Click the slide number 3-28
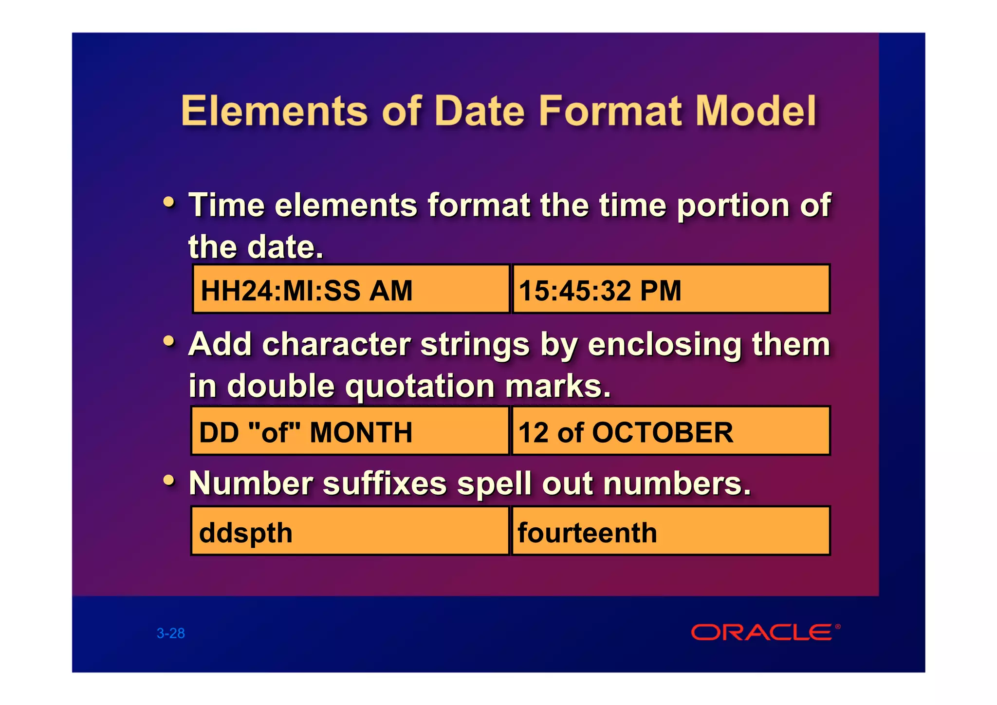tap(170, 633)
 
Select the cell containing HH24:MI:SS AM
tap(351, 289)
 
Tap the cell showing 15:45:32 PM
tap(671, 289)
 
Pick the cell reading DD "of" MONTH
tap(350, 431)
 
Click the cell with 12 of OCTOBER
tap(671, 431)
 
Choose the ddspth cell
tap(350, 531)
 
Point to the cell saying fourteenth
tap(671, 531)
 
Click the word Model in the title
tap(756, 111)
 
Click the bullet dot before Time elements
tap(168, 202)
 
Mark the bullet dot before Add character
tap(168, 341)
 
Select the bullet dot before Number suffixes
tap(168, 480)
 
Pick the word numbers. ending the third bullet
tap(677, 483)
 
